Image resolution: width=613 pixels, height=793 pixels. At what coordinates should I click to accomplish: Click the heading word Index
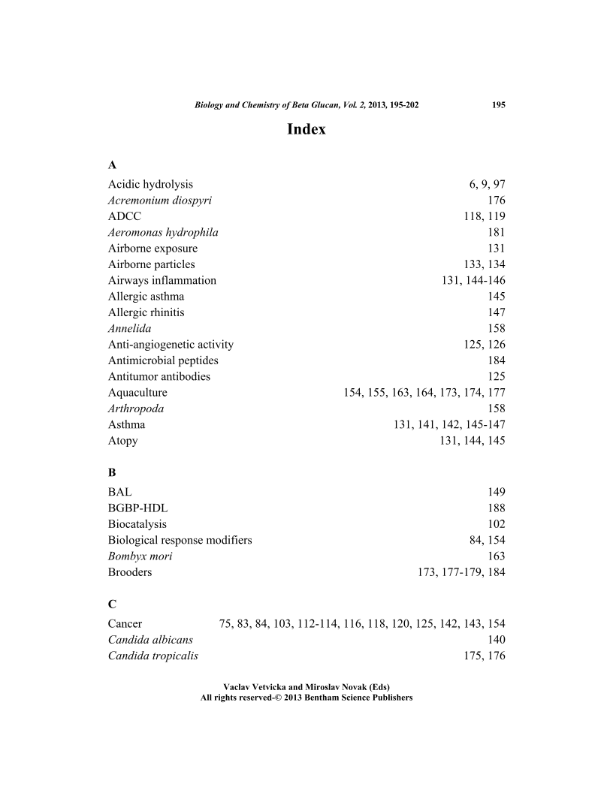coord(306,129)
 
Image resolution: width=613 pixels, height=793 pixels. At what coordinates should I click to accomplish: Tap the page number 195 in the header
coord(498,105)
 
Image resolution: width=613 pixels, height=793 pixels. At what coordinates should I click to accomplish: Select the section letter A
coord(112,164)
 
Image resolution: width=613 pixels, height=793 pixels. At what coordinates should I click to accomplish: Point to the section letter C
coord(112,604)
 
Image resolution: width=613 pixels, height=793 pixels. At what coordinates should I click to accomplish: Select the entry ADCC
coord(124,216)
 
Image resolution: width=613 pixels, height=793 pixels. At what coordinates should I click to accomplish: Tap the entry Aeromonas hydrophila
coord(163,232)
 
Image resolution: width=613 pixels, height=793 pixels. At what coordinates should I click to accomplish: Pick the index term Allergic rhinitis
coord(146,312)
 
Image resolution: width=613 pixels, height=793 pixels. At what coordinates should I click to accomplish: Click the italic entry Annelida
coord(128,328)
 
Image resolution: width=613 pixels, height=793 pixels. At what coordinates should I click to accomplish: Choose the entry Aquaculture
coord(137,393)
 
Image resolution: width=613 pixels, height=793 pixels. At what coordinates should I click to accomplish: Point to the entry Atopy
coord(123,441)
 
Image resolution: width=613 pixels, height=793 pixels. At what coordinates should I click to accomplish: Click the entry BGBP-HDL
coord(138,508)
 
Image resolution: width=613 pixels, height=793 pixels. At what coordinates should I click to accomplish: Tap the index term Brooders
coord(130,572)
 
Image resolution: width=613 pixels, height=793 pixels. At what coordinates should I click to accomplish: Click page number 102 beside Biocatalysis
coord(497,524)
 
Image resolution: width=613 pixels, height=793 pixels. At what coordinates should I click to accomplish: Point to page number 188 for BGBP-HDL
coord(497,508)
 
